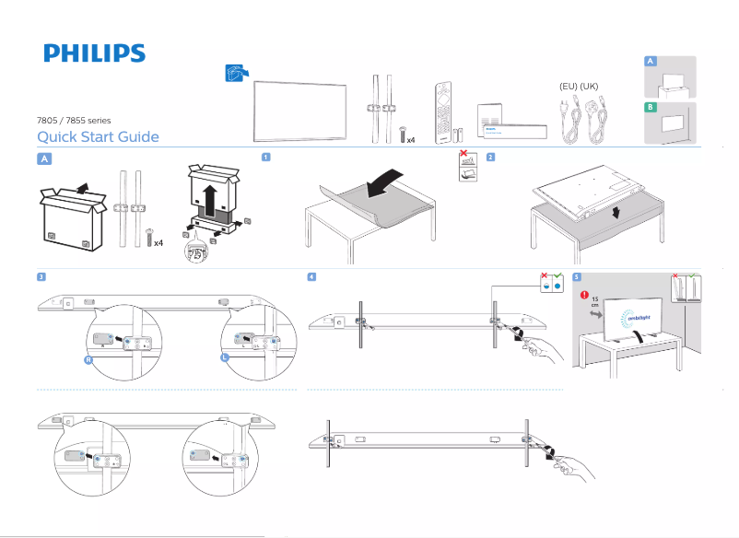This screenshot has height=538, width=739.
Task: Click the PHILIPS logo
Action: click(94, 53)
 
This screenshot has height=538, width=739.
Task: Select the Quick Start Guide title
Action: click(98, 137)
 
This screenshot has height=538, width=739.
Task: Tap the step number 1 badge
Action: click(265, 157)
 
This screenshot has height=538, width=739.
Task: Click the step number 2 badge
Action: click(490, 157)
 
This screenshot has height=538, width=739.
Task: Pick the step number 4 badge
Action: click(312, 276)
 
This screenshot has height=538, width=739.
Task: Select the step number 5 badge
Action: click(576, 276)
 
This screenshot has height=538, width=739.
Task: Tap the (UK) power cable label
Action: click(589, 86)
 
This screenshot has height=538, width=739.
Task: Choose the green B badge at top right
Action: click(651, 108)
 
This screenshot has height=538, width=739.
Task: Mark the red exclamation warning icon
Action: click(583, 296)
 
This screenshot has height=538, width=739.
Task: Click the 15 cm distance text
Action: click(593, 303)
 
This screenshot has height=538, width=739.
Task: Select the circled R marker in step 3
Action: click(88, 361)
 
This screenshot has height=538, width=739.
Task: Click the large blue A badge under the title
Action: click(43, 158)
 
